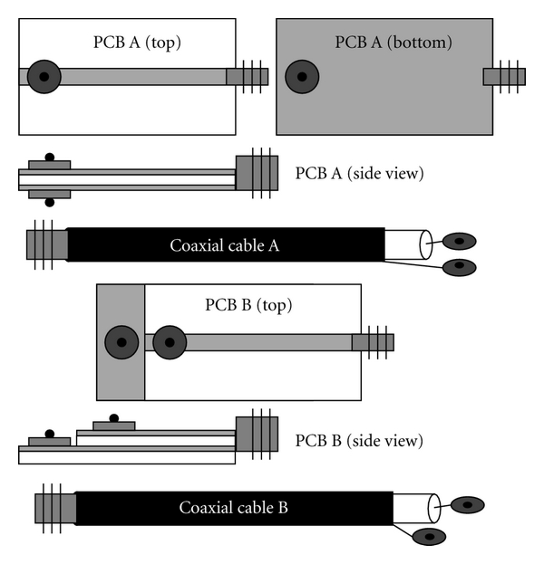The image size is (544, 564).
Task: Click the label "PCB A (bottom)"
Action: [393, 42]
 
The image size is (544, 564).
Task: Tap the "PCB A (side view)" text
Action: [360, 173]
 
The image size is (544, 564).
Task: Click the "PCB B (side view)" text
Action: [359, 441]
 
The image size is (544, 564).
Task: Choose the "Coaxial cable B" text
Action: [233, 507]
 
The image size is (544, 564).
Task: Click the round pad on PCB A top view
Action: [44, 77]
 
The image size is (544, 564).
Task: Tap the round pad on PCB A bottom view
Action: [302, 77]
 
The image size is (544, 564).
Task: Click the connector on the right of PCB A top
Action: [247, 77]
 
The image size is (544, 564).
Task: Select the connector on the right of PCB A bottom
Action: [504, 77]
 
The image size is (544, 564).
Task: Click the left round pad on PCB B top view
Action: [121, 342]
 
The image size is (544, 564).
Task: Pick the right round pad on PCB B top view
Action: [170, 342]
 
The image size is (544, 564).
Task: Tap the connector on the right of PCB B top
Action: [373, 342]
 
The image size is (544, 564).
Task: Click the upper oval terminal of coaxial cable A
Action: [460, 241]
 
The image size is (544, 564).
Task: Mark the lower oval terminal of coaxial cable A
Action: [460, 266]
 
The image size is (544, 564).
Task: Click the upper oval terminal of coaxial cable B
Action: [467, 504]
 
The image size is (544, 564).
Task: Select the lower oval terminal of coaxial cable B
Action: [429, 536]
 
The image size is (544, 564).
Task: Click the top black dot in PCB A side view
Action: [50, 158]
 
